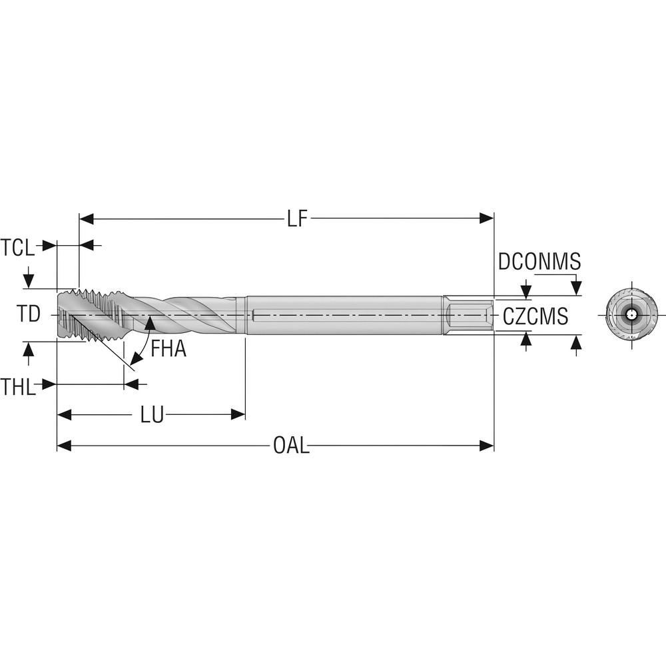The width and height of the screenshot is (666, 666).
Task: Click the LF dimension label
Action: point(298,219)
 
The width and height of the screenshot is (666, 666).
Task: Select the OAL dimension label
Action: point(291,446)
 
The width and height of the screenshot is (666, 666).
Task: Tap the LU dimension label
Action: point(152,415)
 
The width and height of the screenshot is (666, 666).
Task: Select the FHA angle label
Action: point(168,348)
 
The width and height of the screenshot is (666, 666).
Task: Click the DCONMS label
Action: point(539,262)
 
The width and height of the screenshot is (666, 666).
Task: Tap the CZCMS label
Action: point(535,316)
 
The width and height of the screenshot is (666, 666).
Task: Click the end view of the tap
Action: point(631,314)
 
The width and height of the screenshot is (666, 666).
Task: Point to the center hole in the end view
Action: point(631,314)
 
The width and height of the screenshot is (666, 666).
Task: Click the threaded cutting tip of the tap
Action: point(73,314)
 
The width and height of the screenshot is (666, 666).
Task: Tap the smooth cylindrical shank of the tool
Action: point(343,314)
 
